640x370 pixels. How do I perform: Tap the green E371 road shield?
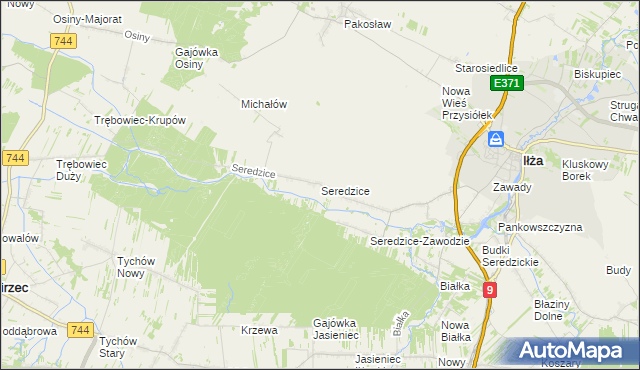point(505,85)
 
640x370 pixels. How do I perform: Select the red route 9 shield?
point(489,290)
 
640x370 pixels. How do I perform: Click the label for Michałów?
point(265,103)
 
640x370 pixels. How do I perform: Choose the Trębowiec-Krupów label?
point(140,120)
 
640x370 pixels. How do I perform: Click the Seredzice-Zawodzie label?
point(420,241)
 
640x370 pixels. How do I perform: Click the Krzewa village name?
point(258,330)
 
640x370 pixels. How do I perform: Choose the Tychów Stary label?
point(124,347)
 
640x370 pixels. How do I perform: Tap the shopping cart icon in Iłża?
point(496,141)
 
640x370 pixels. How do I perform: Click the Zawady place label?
point(511,186)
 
